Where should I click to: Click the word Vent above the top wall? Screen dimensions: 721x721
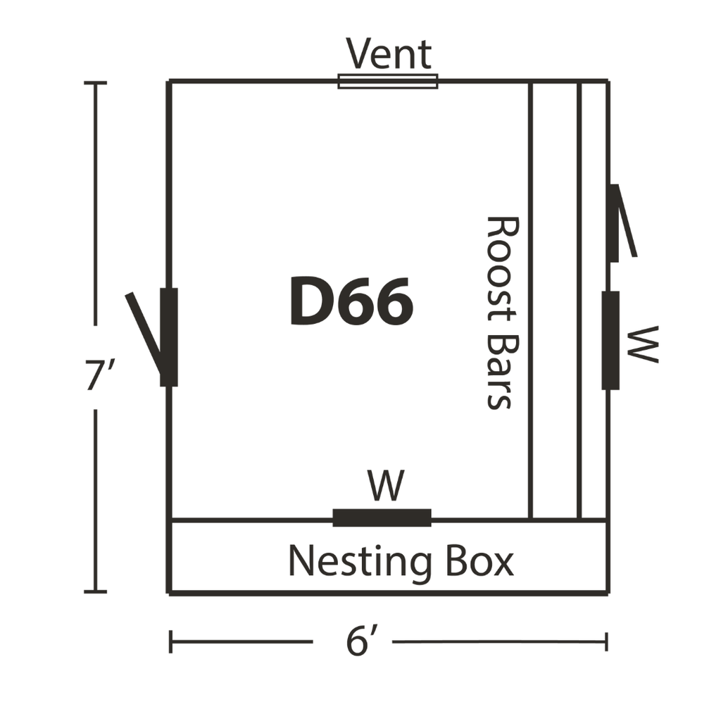pos(389,54)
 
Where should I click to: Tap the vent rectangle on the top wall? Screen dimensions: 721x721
pos(388,82)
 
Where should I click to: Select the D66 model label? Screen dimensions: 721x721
pos(352,301)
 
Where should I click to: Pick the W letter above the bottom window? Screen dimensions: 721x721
pos(386,485)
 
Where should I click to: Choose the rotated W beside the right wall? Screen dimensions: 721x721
pos(642,344)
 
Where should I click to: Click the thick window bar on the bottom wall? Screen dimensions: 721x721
pos(382,518)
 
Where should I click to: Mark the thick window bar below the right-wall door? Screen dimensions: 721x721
pos(610,340)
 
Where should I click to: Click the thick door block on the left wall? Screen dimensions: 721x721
pos(169,337)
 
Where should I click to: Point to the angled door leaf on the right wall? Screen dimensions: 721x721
pos(625,220)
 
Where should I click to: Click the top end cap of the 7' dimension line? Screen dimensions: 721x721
pos(95,83)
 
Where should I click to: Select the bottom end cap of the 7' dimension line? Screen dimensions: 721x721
pos(95,591)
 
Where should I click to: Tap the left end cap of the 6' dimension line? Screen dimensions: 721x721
pos(170,641)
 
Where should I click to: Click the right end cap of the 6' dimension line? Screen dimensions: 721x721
pos(606,641)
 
